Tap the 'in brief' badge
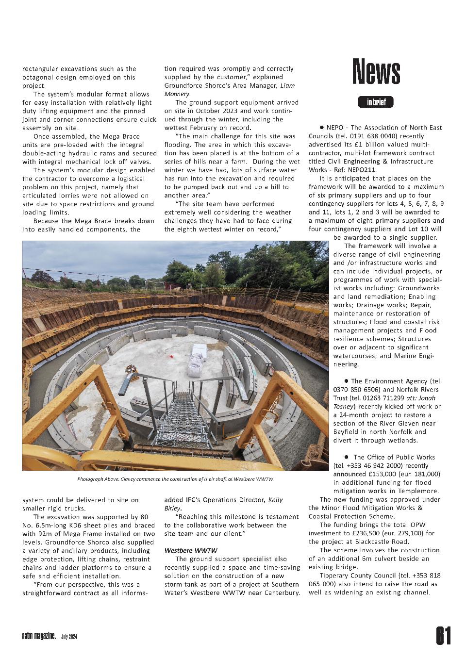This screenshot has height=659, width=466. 376,102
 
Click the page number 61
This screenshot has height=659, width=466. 443,635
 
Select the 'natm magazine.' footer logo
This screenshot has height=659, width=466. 39,636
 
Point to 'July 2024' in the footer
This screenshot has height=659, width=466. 69,637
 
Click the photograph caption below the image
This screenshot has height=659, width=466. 175,479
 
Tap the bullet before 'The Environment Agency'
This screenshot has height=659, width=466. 346,381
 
